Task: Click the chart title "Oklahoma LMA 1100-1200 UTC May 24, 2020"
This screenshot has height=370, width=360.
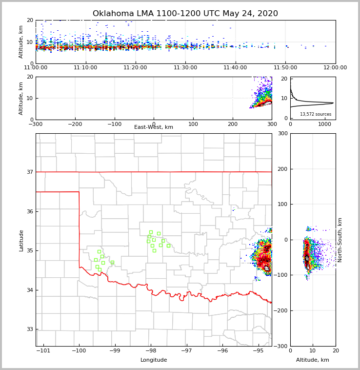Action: [x=185, y=14]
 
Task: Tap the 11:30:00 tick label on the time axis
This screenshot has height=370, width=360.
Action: [x=185, y=68]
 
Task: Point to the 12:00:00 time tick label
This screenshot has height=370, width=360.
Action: [x=335, y=68]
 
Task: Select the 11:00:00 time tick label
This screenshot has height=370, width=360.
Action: [x=36, y=68]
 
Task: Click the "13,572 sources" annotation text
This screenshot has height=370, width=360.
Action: [x=316, y=114]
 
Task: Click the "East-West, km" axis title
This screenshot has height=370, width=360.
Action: [x=154, y=127]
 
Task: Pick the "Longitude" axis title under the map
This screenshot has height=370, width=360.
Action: [x=154, y=360]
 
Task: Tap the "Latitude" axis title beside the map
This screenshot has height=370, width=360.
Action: [x=21, y=240]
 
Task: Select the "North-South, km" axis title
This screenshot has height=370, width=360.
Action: [x=340, y=240]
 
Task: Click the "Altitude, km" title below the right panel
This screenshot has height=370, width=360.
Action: [x=313, y=360]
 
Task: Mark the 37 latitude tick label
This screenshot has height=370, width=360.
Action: [x=30, y=172]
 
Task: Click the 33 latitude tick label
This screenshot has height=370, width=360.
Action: [x=30, y=329]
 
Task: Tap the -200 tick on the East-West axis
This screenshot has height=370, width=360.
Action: [x=75, y=124]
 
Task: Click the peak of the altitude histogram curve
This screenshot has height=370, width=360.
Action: [x=333, y=103]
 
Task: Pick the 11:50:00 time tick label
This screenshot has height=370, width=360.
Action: [x=285, y=68]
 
